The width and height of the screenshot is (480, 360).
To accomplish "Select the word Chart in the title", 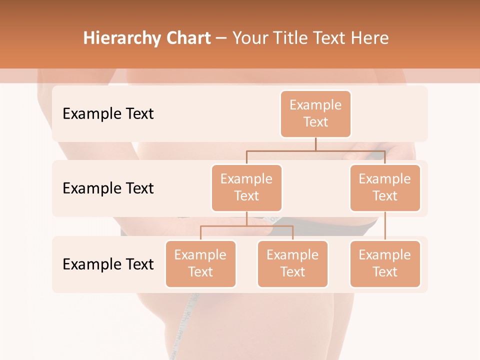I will pos(186,38).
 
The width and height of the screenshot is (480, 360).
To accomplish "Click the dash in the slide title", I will pos(221,39).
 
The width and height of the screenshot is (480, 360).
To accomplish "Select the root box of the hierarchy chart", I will pos(315,113).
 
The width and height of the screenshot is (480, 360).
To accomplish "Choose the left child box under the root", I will pos(246,187).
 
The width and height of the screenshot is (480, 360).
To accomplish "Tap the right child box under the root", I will pos(385,187).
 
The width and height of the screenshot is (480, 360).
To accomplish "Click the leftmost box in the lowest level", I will pos(200,263).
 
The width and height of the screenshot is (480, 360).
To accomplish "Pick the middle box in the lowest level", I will pos(292,263).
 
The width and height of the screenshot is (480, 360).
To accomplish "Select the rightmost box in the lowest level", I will pos(385,263).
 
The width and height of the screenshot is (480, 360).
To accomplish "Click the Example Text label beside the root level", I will pos(108,114).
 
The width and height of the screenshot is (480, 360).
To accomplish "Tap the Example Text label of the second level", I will pos(108,188).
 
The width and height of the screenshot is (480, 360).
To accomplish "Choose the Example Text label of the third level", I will pos(108,264).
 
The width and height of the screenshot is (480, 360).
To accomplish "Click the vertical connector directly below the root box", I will pos(315,144).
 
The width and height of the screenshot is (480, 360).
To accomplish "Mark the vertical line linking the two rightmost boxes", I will pos(385,226).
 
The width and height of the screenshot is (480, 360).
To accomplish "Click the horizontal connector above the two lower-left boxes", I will pos(246,226).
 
